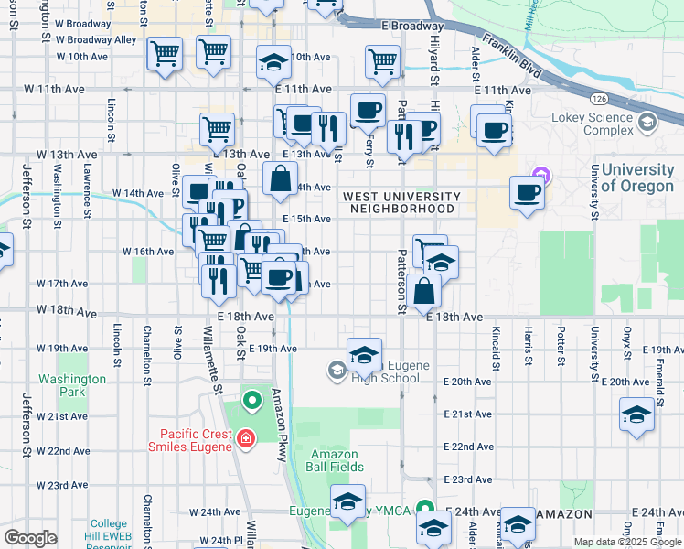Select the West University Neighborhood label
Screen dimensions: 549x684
pyautogui.click(x=401, y=202)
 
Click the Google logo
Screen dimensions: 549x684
pyautogui.click(x=30, y=538)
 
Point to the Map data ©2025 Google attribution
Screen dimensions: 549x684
pyautogui.click(x=627, y=541)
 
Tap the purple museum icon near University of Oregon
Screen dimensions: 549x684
pyautogui.click(x=540, y=174)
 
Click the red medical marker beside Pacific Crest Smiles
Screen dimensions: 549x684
pyautogui.click(x=244, y=441)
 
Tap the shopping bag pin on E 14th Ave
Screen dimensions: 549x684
pyautogui.click(x=280, y=178)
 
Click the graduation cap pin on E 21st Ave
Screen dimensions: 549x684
pyautogui.click(x=636, y=413)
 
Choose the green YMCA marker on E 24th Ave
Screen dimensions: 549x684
pyautogui.click(x=423, y=508)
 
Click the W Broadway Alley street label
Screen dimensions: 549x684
pyautogui.click(x=96, y=40)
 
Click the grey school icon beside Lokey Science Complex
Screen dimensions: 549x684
pyautogui.click(x=647, y=122)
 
